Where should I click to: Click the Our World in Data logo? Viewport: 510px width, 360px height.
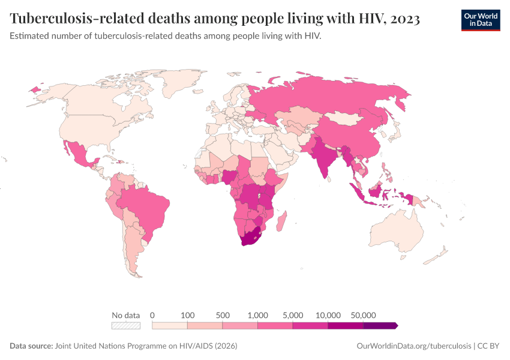click(x=480, y=20)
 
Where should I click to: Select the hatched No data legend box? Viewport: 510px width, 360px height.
click(x=125, y=325)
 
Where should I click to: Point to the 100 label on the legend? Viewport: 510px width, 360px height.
click(x=188, y=315)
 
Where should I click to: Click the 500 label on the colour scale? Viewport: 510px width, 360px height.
click(x=223, y=315)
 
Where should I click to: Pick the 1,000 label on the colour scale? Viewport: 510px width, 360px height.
click(x=258, y=315)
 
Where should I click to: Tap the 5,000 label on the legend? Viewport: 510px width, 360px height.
click(x=293, y=315)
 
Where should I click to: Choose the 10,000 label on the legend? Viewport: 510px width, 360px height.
click(x=328, y=315)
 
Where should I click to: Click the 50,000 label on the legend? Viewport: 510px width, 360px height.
click(x=363, y=315)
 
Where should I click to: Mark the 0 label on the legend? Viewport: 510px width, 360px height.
click(x=152, y=315)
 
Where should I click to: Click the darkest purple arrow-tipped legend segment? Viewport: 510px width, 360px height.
click(x=380, y=325)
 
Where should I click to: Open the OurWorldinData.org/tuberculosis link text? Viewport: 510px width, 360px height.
click(x=414, y=346)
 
